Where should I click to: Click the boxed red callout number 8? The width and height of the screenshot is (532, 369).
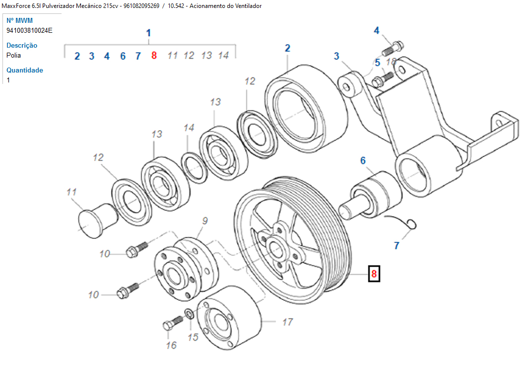click(x=374, y=274)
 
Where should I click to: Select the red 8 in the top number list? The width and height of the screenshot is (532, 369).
click(x=154, y=56)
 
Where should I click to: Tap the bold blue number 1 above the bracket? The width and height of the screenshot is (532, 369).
click(x=148, y=33)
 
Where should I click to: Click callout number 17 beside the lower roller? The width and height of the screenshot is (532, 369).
click(x=287, y=322)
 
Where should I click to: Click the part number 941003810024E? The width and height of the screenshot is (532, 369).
click(x=29, y=30)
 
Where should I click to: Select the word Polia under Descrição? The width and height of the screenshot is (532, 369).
click(x=14, y=55)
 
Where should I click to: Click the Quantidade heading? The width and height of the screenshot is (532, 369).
click(x=25, y=70)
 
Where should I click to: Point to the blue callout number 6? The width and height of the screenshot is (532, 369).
click(x=363, y=160)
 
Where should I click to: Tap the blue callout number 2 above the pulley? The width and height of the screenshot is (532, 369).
click(x=287, y=48)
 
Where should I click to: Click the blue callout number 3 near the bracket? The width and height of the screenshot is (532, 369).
click(x=336, y=56)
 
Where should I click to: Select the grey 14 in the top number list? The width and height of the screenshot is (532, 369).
click(x=223, y=56)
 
